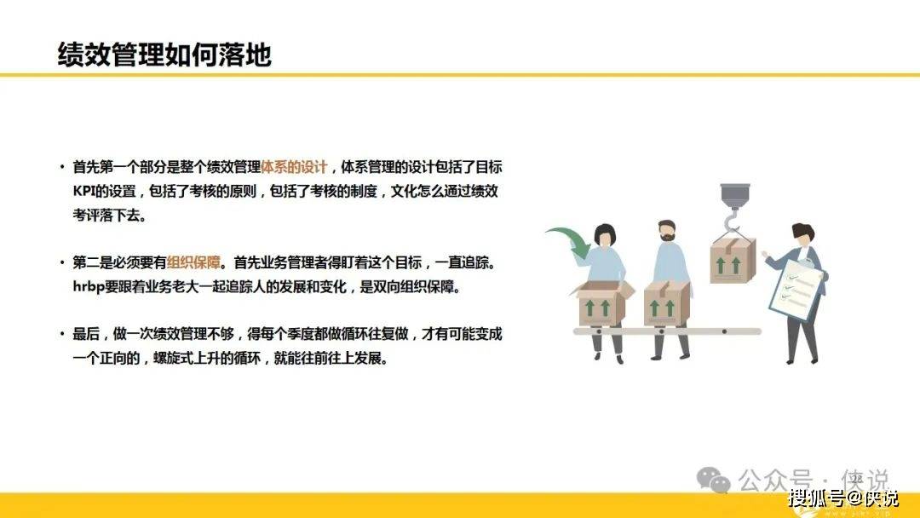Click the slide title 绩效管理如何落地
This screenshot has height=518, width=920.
pos(164,55)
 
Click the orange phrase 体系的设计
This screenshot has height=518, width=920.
pos(294,167)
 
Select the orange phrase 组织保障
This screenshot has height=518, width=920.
pos(193,262)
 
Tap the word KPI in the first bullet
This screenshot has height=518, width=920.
pos(83,191)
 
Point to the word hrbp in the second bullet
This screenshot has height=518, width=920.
pos(88,287)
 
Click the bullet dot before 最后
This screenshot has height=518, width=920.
pos(62,334)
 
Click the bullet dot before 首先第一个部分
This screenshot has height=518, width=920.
pos(62,167)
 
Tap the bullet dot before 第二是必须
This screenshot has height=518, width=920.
pos(62,262)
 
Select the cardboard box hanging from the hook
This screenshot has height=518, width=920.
pos(733,262)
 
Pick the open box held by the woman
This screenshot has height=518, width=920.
pos(603,302)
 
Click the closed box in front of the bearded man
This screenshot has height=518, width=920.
pos(666,303)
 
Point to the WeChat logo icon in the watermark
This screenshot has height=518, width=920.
pos(713,480)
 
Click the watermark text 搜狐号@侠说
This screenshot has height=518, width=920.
pos(842,498)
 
